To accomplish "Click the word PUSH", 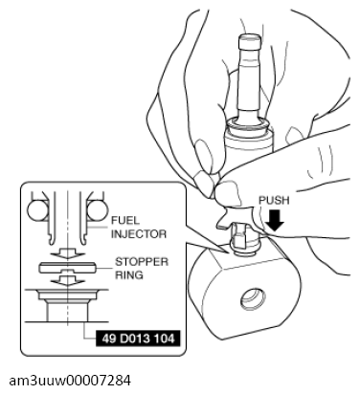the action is point(274,201).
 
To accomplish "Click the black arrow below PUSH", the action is point(275,220).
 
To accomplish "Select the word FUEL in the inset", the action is point(125,220).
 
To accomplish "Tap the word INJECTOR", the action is point(139,234).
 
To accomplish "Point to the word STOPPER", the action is point(142,262).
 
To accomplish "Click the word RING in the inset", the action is point(129,274).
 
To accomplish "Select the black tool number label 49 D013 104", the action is point(138,339).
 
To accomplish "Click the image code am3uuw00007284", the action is point(70,381).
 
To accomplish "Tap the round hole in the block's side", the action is point(253,298).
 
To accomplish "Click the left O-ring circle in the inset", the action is point(37,210).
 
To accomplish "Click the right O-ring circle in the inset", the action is point(97,210).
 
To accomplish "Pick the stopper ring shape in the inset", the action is point(67,267).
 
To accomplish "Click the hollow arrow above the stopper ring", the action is point(67,254).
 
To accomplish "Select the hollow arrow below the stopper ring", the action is point(67,279).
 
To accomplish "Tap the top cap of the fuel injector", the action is point(250,40).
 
